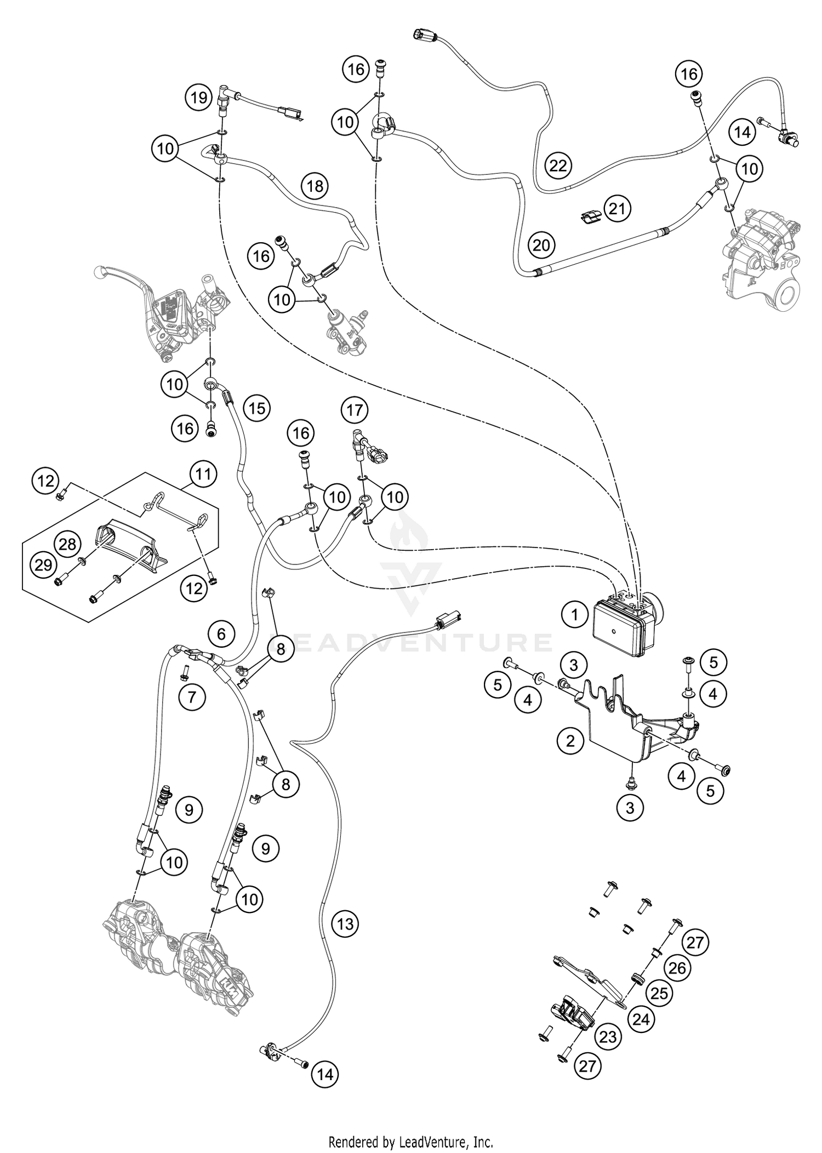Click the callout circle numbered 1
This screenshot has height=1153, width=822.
click(x=575, y=615)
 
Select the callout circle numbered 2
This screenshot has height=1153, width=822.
click(x=570, y=741)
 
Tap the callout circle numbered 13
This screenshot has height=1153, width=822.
click(x=345, y=924)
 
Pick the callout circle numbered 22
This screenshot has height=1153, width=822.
click(x=558, y=165)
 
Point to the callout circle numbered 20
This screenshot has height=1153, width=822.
click(x=541, y=244)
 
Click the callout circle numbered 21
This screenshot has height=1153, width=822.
click(x=618, y=209)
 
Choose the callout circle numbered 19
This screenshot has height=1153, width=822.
click(x=198, y=98)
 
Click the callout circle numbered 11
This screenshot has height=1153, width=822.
click(x=203, y=473)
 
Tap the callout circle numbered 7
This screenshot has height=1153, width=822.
click(x=192, y=697)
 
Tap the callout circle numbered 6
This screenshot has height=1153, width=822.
click(x=221, y=634)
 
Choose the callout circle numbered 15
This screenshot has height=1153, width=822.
click(x=257, y=408)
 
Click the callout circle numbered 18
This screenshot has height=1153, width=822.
click(x=315, y=186)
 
